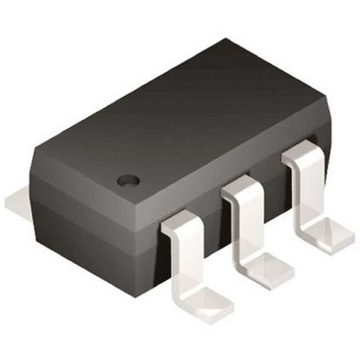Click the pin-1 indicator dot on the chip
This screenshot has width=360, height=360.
tap(128, 180)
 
